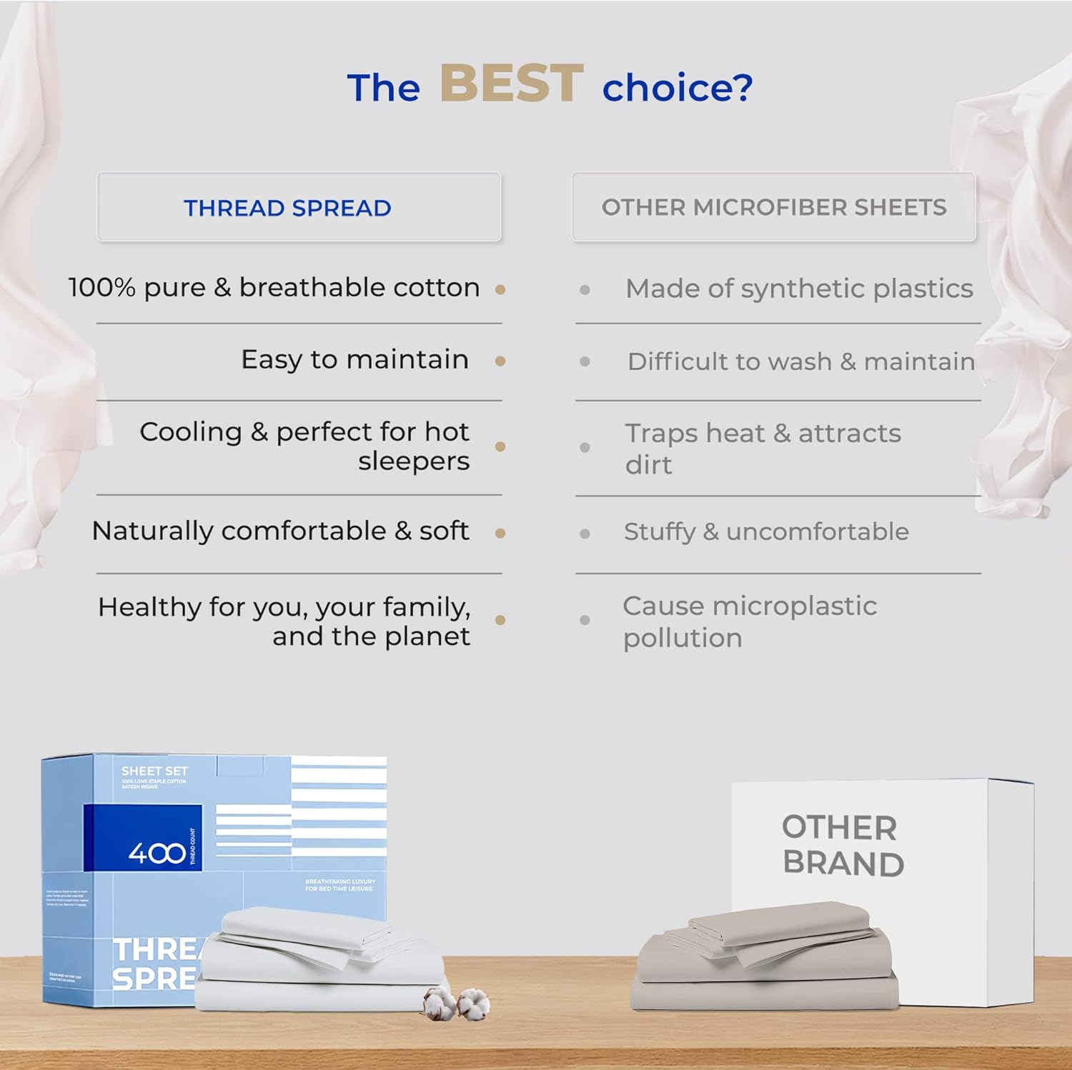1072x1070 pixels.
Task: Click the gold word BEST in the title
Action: pos(511,84)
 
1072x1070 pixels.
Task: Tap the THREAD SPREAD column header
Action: pos(287,208)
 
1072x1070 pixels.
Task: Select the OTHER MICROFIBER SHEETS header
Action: pos(773,207)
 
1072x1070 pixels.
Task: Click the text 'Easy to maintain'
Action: pos(354,359)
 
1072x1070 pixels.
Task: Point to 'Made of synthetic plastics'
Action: pos(799,289)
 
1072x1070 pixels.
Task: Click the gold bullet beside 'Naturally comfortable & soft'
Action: pos(500,533)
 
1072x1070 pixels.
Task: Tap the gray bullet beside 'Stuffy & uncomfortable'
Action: pos(585,534)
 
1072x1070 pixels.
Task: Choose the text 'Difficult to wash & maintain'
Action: pos(800,361)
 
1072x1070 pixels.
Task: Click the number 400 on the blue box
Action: pos(157,852)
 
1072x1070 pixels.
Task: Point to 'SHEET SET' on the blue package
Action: pos(154,771)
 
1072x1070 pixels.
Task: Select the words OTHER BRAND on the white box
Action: pos(843,846)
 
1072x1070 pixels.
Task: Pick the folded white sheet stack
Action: pos(322,961)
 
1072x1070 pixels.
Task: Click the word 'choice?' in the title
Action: pos(677,88)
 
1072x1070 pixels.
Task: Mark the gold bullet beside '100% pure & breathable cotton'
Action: pos(500,289)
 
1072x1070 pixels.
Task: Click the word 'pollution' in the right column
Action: pos(683,638)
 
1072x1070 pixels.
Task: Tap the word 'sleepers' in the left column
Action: pos(414,461)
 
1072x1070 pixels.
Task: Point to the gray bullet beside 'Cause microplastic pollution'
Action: pos(585,620)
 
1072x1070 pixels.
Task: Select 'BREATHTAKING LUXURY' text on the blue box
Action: pos(340,881)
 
